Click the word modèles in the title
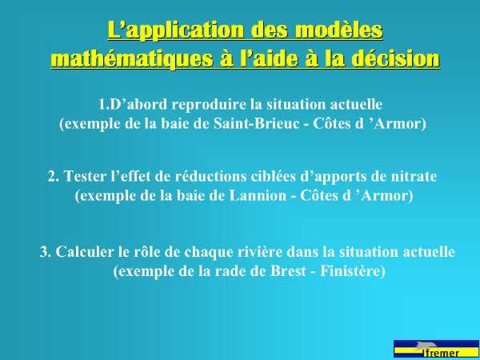(x=339, y=30)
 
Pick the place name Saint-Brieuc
(x=256, y=123)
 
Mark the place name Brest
(x=288, y=271)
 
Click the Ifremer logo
(x=437, y=349)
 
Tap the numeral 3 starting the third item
(x=43, y=252)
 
